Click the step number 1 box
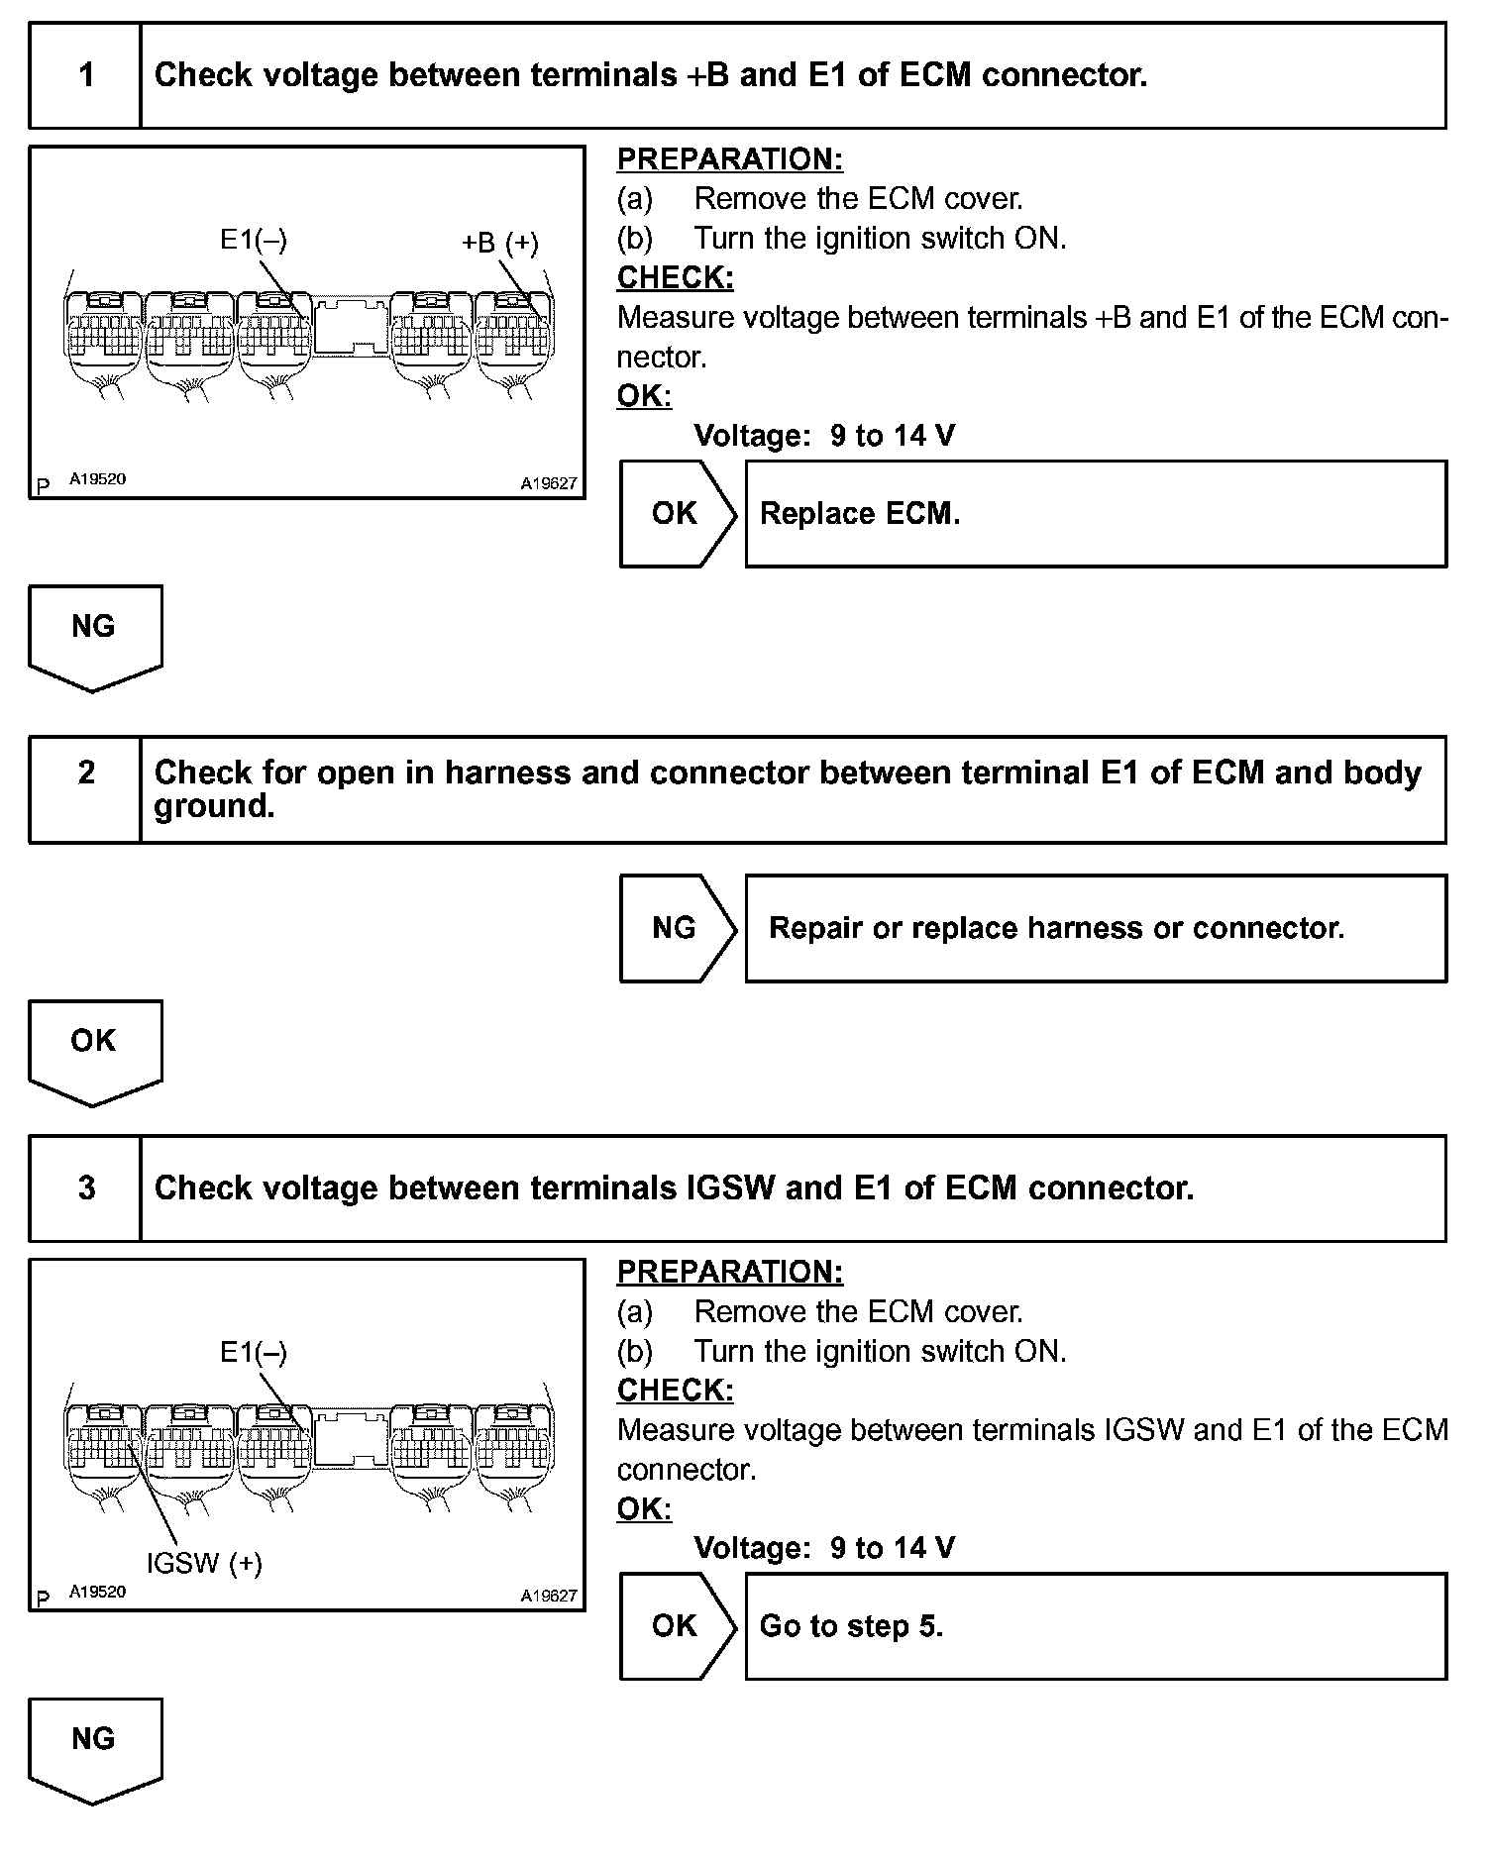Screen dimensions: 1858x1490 [x=86, y=76]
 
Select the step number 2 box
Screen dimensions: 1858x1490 [x=86, y=789]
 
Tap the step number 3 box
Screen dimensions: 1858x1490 [x=86, y=1187]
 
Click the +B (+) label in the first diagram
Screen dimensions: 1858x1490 [x=500, y=243]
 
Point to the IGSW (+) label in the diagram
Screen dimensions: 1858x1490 [x=204, y=1563]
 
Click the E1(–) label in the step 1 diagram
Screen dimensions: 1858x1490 [x=254, y=239]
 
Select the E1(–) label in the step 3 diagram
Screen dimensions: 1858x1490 [x=254, y=1352]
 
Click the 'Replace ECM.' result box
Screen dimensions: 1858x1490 [x=1095, y=514]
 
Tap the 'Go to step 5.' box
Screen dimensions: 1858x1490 [x=1095, y=1626]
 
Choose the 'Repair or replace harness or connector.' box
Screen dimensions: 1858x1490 [x=1095, y=928]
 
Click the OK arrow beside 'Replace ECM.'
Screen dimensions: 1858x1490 [x=677, y=514]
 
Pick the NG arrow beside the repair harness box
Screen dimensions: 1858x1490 [x=677, y=928]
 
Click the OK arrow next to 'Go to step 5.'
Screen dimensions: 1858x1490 [x=677, y=1626]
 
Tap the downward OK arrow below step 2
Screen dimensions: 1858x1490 [x=94, y=1050]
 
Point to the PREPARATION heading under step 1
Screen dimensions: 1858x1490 [x=730, y=159]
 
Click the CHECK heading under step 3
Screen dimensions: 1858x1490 [x=676, y=1391]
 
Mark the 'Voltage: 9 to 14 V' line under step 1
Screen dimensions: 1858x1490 [x=824, y=436]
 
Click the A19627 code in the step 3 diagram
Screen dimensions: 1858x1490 [x=549, y=1597]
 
